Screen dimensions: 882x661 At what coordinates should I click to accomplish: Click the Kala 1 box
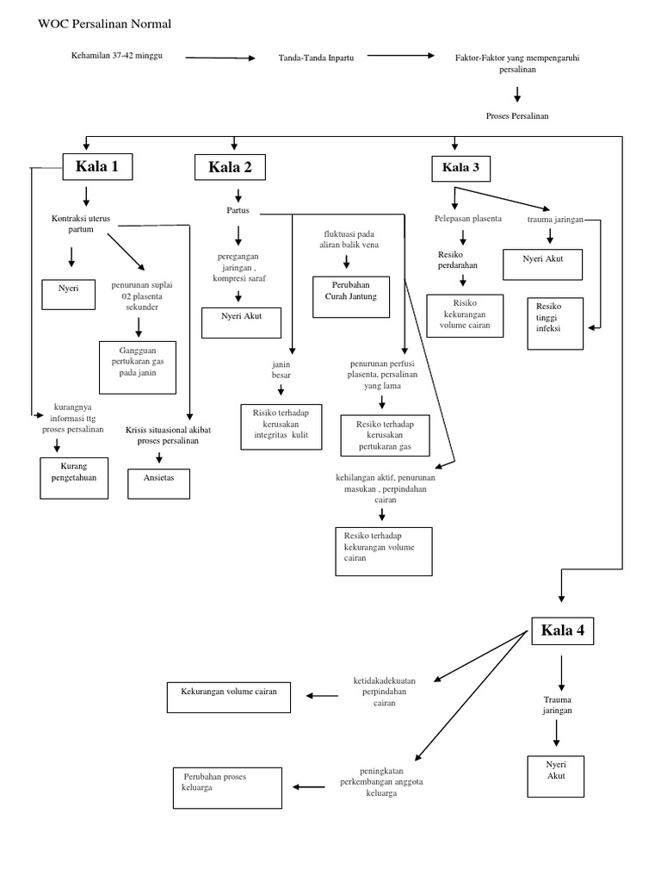tap(97, 166)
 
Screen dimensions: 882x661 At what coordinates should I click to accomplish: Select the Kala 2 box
tap(230, 167)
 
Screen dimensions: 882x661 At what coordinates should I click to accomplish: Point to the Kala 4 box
tap(562, 630)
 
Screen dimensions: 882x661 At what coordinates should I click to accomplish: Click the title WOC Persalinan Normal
tap(105, 24)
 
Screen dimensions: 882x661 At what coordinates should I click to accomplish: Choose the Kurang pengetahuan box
tap(74, 478)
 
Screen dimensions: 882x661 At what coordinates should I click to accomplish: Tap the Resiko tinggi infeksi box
tap(554, 322)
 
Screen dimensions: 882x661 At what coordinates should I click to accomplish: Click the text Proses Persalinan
tap(516, 115)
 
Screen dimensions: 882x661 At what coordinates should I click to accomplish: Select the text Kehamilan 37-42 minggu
tap(117, 56)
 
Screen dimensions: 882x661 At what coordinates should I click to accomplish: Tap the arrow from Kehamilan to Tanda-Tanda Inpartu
tap(220, 58)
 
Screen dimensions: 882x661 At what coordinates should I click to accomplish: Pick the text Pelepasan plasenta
tap(467, 219)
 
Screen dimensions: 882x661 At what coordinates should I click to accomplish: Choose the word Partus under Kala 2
tap(238, 211)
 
